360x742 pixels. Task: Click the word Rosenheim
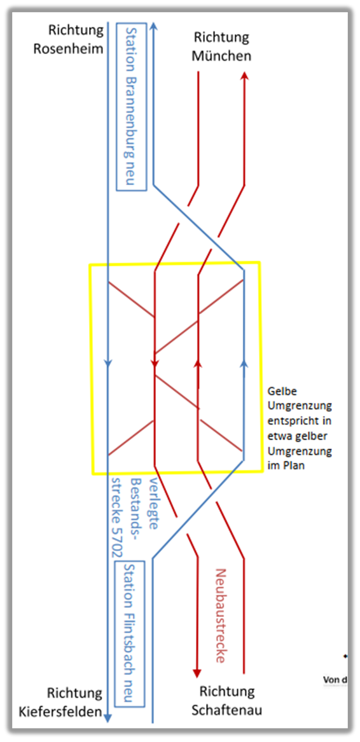click(69, 49)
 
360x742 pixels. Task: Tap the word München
click(221, 56)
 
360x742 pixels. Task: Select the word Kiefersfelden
click(60, 711)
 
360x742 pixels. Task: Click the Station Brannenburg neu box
click(132, 106)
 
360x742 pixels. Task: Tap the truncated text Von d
click(336, 680)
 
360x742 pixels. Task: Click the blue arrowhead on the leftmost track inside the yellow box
click(108, 364)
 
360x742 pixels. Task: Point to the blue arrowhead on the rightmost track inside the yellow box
click(244, 363)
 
